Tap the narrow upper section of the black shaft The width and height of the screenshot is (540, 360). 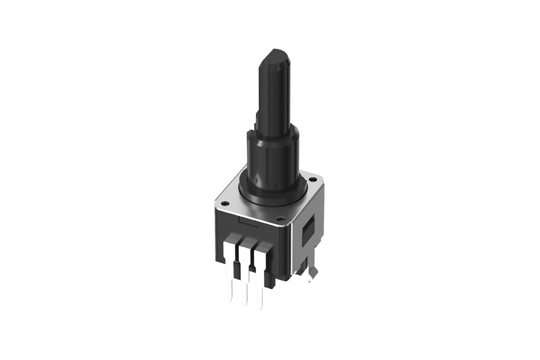tap(275, 92)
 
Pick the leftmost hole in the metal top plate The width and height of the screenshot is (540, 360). tap(225, 203)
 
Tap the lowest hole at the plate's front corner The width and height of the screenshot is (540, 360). tap(280, 219)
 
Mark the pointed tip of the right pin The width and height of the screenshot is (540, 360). tap(264, 308)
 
